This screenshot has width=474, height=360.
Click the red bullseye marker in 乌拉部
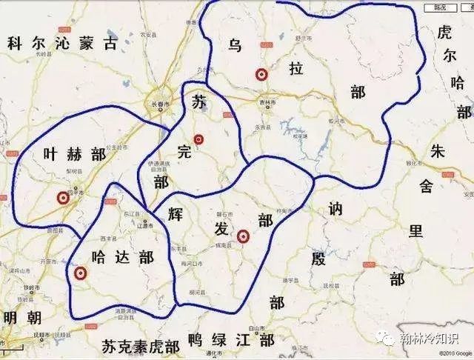(261, 74)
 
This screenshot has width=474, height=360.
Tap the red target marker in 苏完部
(198, 139)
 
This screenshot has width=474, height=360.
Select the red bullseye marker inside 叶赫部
(63, 198)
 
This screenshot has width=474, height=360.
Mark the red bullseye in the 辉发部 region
(242, 237)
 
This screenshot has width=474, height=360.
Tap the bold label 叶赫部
(75, 153)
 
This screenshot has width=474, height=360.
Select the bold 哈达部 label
(121, 257)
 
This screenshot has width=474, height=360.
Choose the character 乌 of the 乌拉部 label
(235, 46)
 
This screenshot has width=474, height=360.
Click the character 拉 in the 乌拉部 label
(296, 70)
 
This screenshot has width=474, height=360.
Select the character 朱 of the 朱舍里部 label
(437, 150)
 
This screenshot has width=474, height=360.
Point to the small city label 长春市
(160, 104)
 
